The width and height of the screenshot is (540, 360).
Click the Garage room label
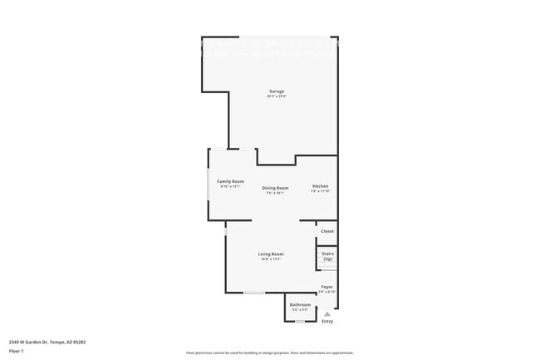click(x=276, y=91)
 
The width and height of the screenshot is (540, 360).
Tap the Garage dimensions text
click(x=276, y=96)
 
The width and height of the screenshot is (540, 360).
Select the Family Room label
click(x=230, y=181)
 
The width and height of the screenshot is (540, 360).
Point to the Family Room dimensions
click(x=230, y=187)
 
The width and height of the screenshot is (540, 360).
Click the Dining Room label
click(x=275, y=188)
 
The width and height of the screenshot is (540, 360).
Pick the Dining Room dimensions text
click(x=275, y=194)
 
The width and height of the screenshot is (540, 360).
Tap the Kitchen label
click(x=320, y=185)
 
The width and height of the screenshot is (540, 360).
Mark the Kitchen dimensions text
click(x=320, y=191)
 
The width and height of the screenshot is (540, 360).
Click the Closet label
click(x=327, y=231)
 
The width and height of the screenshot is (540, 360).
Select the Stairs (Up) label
click(x=327, y=257)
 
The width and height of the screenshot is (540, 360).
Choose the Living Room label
click(x=271, y=254)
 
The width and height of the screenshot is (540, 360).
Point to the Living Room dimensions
click(x=271, y=259)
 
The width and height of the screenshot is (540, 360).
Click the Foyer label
click(x=327, y=287)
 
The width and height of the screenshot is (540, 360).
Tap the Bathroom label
click(x=300, y=305)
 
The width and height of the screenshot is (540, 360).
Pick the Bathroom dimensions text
click(x=300, y=311)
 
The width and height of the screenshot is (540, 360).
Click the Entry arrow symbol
click(x=327, y=314)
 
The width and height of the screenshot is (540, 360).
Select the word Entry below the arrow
click(x=327, y=322)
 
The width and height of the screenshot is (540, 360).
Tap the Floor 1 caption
click(x=17, y=352)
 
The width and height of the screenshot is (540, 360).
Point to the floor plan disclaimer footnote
click(x=270, y=353)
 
